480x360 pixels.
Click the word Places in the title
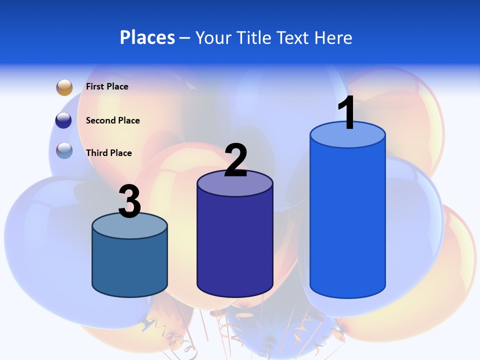coord(147,37)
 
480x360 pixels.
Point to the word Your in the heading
coord(213,37)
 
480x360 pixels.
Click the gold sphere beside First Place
coord(64,87)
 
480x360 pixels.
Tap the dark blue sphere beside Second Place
coord(64,120)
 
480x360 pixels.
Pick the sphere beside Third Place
coord(64,150)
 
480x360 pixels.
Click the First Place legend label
coord(107,86)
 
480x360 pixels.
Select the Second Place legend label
coord(112,120)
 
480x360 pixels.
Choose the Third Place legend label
coord(108,153)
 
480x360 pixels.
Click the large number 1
coord(347,113)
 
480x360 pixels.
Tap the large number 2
coord(235,160)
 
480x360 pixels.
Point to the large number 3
coord(129,202)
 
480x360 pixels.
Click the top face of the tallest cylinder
coord(347,138)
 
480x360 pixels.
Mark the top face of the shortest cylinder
coord(129,227)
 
